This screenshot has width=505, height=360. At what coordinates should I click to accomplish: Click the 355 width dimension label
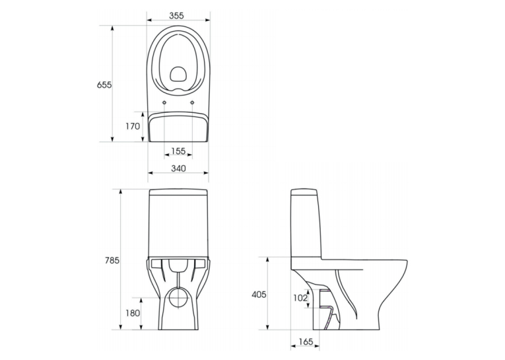coord(176,15)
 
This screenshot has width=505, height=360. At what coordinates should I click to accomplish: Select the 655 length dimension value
coord(104,85)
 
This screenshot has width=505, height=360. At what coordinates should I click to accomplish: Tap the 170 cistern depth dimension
coord(133,126)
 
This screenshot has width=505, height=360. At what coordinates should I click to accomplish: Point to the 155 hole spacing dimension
coord(178,151)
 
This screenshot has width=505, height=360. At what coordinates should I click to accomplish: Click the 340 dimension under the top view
coord(178,168)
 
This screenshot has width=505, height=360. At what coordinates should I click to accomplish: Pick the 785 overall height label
coord(112,260)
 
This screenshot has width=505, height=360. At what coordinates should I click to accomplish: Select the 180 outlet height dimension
coord(133,313)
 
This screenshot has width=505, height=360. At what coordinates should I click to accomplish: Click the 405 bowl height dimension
coord(259,294)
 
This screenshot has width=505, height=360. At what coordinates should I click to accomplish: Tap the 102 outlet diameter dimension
coord(300,298)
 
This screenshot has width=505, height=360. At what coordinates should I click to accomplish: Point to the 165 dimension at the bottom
coord(306,342)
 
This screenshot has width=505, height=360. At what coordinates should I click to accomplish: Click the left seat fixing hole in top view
coord(164,102)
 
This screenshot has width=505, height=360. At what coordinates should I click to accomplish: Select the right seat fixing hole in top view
coord(193,102)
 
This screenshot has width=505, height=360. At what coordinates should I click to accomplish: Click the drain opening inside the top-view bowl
coord(178,74)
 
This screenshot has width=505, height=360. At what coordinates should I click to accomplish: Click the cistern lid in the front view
coord(178,192)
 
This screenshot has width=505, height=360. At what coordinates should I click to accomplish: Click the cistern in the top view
coord(178,127)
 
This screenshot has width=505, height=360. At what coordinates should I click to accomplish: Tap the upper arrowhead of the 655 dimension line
coord(112,28)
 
